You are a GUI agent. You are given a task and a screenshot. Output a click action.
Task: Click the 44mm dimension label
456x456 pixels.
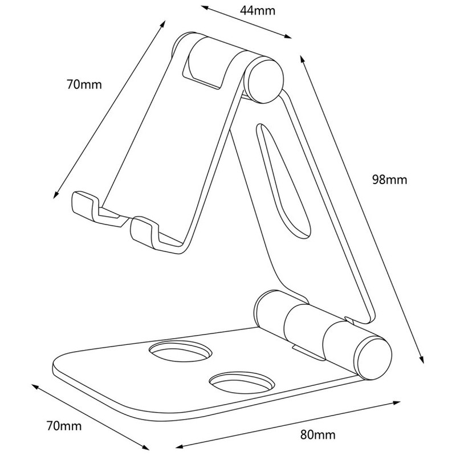[x=258, y=11]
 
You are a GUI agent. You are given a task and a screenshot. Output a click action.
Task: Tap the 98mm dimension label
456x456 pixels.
[x=390, y=180]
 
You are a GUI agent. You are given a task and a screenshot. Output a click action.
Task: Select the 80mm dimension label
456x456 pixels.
[x=318, y=435]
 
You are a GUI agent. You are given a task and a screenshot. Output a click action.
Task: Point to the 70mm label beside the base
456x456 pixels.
[x=64, y=426]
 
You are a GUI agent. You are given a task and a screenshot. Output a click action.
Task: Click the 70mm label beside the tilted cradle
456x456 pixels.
[x=84, y=84]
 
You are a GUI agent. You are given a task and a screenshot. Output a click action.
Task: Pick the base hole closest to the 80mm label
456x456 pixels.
[x=242, y=382]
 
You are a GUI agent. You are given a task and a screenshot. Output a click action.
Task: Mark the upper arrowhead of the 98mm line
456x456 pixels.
[x=302, y=59]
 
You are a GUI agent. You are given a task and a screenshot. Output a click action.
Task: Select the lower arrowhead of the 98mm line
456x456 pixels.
[x=421, y=360]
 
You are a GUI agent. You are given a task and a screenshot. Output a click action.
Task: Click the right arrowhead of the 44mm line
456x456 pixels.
[x=288, y=36]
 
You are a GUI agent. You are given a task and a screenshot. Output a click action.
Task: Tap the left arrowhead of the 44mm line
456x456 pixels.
[x=205, y=7]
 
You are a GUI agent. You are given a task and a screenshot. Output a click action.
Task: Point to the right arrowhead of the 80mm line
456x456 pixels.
[x=397, y=403]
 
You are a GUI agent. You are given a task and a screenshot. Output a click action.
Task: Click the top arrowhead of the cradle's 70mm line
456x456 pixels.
[x=163, y=24]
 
